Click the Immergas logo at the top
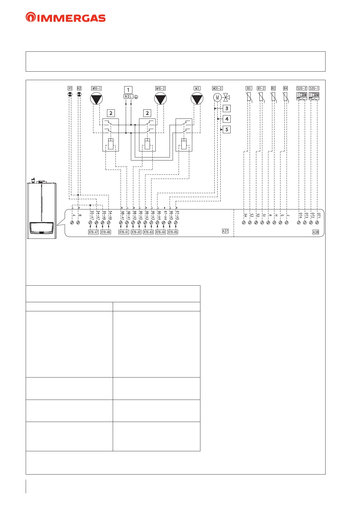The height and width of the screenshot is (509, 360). [x=66, y=17]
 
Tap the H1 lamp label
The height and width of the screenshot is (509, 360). [x=70, y=88]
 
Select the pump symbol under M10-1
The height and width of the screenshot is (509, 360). [x=96, y=99]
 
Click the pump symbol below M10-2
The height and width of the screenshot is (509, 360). [x=160, y=99]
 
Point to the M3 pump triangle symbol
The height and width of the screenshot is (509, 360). [x=197, y=99]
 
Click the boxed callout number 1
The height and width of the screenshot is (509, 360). [x=128, y=90]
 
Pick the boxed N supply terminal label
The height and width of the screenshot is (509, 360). [x=126, y=96]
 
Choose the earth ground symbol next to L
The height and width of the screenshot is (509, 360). [x=136, y=97]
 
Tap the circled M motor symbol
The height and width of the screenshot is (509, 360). [x=217, y=98]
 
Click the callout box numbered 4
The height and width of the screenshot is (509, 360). [x=227, y=119]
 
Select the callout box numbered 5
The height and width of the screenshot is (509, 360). [x=227, y=129]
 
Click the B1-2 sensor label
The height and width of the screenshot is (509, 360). [x=261, y=88]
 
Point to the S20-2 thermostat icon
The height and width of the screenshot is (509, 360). [x=302, y=96]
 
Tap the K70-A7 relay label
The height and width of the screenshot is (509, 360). [x=93, y=232]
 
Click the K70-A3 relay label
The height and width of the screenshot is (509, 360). [x=148, y=232]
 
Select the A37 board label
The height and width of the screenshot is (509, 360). [x=225, y=231]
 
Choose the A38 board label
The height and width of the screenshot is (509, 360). [x=316, y=232]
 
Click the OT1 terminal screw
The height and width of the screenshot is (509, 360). [x=317, y=223]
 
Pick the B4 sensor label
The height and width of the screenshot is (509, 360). [x=285, y=88]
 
